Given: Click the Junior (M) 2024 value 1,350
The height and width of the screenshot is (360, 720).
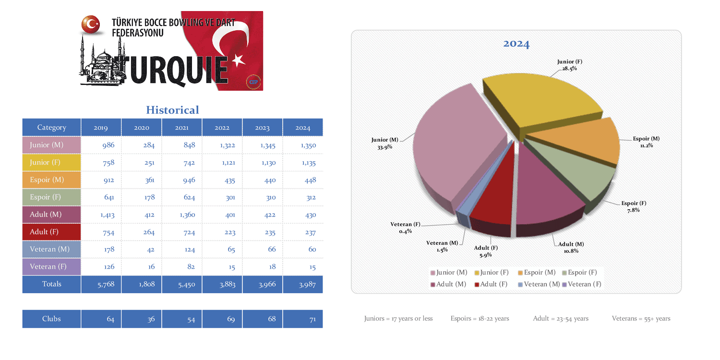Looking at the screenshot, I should point(308,145).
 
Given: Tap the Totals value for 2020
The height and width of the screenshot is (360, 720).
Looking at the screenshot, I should point(146,284).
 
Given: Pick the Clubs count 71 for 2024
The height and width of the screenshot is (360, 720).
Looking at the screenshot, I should point(312,319).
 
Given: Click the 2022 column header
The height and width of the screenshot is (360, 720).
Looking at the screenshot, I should point(222,128).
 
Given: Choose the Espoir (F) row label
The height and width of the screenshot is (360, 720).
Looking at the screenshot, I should point(47,197).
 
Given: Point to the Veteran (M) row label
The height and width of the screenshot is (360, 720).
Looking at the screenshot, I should point(49,250).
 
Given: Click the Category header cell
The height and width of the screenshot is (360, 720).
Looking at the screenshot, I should point(51,128).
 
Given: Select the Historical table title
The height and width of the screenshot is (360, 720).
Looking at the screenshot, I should point(172,110).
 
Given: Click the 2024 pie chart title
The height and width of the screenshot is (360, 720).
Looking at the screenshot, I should point(516,44).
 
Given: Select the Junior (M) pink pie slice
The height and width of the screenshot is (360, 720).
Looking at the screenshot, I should point(456,144).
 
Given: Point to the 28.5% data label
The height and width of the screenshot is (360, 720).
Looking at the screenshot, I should point(570,69).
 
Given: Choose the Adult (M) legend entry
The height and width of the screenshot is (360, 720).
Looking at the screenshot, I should point(449,284).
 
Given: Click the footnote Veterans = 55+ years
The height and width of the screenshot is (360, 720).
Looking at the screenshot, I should point(641,318).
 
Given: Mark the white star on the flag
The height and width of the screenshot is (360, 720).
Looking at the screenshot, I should point(239,60).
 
